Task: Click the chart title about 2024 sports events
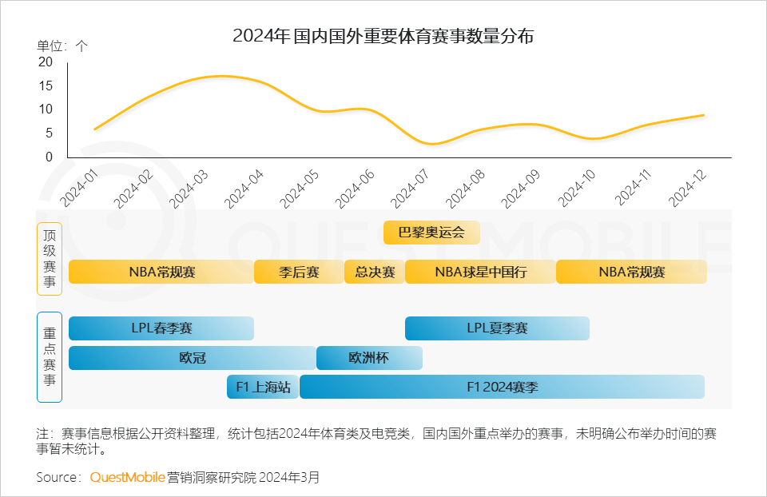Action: pyautogui.click(x=383, y=36)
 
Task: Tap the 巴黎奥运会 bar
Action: pyautogui.click(x=431, y=233)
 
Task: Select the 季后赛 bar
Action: pyautogui.click(x=299, y=272)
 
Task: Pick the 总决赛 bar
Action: pyautogui.click(x=374, y=272)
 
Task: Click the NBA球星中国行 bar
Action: pyautogui.click(x=480, y=272)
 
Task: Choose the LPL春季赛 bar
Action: pyautogui.click(x=161, y=328)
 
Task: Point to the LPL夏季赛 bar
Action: pyautogui.click(x=497, y=328)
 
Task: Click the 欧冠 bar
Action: pyautogui.click(x=192, y=358)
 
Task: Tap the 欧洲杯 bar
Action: pyautogui.click(x=369, y=358)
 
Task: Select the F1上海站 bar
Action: pyautogui.click(x=263, y=387)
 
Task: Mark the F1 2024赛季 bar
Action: pyautogui.click(x=502, y=387)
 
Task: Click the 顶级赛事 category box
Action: pyautogui.click(x=50, y=259)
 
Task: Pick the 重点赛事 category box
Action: pyautogui.click(x=50, y=356)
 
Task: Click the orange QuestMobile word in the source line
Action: pyautogui.click(x=127, y=477)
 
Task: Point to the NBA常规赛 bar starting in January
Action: pyautogui.click(x=161, y=272)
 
